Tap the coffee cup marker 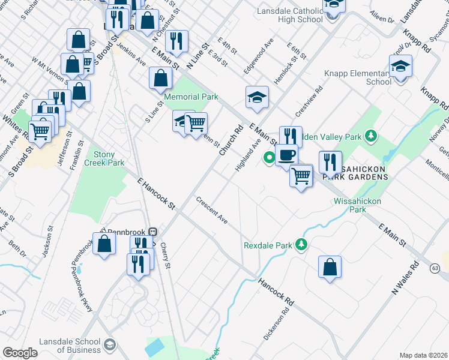coord(286,155)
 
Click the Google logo coord(20,353)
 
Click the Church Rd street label coord(231,140)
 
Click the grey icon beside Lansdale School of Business coord(110,344)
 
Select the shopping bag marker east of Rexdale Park coord(330,267)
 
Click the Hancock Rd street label coord(276,292)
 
